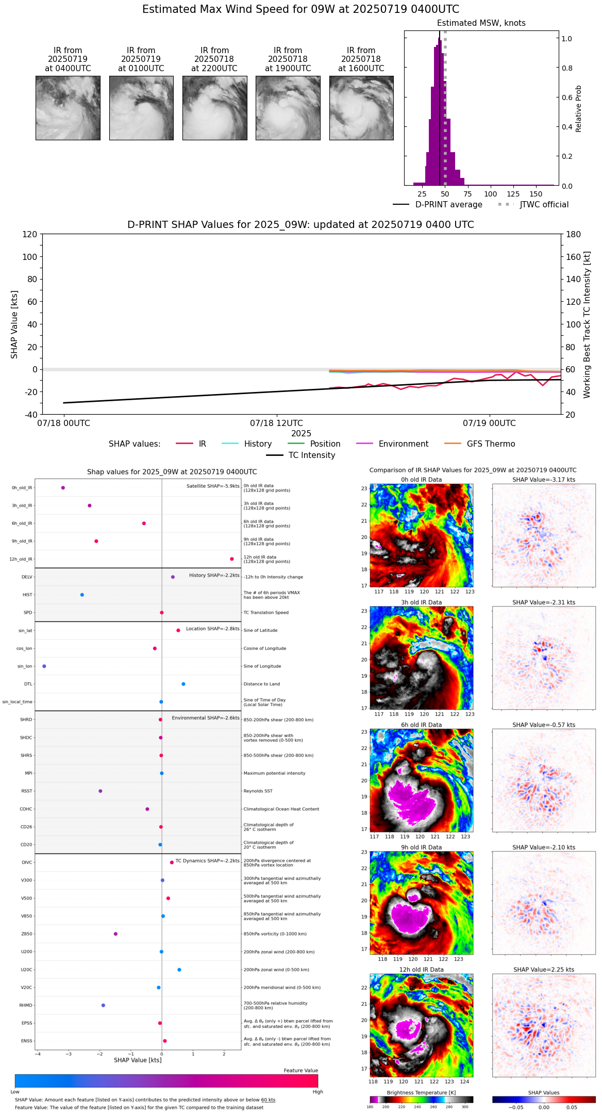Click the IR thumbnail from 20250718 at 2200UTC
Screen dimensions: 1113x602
214,108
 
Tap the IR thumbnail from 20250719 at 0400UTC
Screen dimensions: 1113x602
68,108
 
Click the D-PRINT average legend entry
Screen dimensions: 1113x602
448,205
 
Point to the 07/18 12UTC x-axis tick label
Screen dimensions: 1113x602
277,423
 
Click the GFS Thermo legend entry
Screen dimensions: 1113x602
491,444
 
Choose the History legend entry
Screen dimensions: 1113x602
258,444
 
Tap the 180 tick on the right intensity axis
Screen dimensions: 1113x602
574,234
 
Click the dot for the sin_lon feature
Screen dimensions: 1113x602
44,666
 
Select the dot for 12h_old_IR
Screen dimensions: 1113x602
232,559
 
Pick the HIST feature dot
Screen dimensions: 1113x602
82,595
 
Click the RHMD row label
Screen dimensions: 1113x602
26,1005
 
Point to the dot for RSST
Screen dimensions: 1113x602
101,791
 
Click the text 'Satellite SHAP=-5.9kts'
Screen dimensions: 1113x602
213,486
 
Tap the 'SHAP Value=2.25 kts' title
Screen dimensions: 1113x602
544,970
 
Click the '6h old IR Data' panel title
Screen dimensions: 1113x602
421,725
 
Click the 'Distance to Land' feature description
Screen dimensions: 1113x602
262,684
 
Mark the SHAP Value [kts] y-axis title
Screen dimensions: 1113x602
14,324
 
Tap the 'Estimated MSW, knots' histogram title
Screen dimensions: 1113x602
481,23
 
